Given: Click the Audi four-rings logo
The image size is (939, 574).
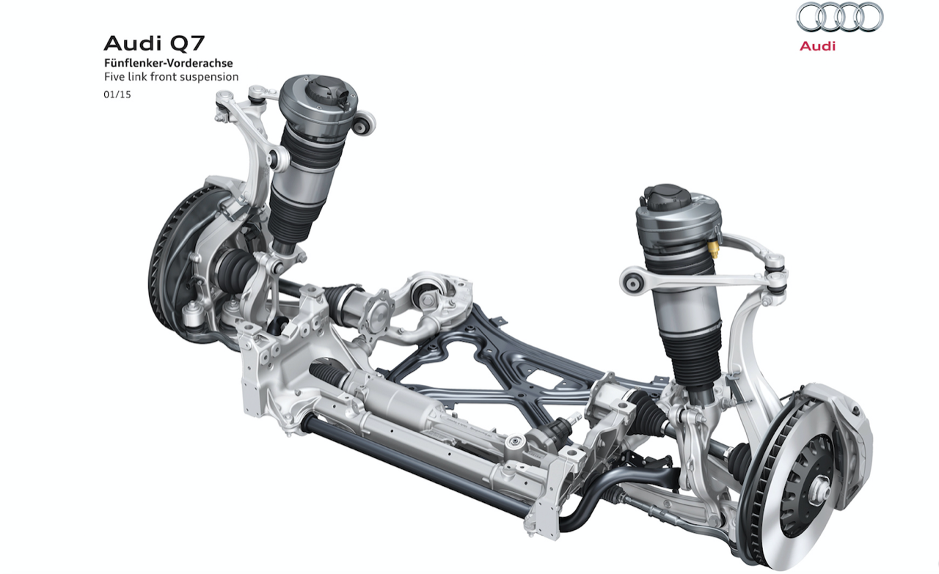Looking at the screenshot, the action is point(840,17).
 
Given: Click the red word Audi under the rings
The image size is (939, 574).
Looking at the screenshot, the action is point(817,46).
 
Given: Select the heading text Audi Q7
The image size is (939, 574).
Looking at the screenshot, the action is point(154,43).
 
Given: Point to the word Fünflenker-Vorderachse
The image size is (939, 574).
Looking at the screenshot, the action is point(169,63).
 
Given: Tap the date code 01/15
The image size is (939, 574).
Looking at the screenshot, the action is point(117,95).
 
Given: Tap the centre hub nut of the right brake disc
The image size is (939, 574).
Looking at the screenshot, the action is point(818,488).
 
